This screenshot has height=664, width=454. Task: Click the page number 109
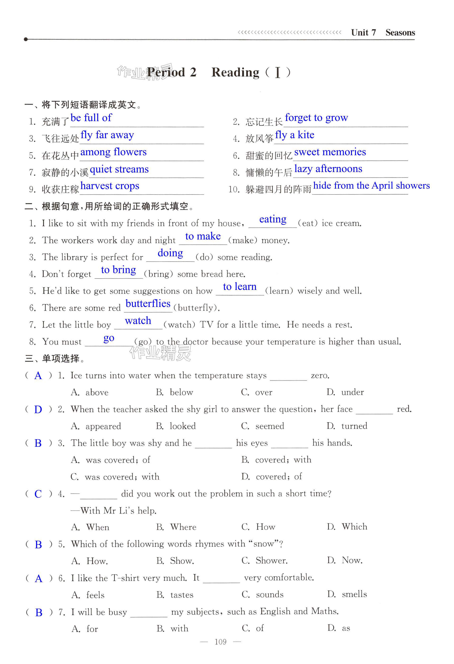tap(220, 642)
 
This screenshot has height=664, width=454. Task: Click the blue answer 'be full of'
tap(91, 118)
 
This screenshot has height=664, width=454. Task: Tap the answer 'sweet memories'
tap(330, 152)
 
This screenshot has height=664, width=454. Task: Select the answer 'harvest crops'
tap(110, 186)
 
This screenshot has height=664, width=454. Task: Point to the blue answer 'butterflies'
tap(148, 303)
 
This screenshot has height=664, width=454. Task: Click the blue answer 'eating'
tap(273, 219)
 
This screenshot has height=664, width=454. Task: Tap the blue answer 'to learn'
tap(240, 287)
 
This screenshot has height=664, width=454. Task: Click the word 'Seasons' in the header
tap(400, 33)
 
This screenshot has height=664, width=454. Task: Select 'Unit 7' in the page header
tap(363, 33)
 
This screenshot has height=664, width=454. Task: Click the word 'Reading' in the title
tap(235, 73)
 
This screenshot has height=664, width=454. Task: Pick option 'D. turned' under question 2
tap(347, 426)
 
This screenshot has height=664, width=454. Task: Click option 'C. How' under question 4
tap(258, 527)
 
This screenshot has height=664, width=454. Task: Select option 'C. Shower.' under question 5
tap(264, 561)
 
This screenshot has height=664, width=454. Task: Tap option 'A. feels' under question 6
tap(88, 595)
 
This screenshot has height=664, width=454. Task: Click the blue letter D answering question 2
tap(38, 410)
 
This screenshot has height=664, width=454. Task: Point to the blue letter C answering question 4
tap(38, 494)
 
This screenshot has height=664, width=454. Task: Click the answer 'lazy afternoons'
tap(328, 169)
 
